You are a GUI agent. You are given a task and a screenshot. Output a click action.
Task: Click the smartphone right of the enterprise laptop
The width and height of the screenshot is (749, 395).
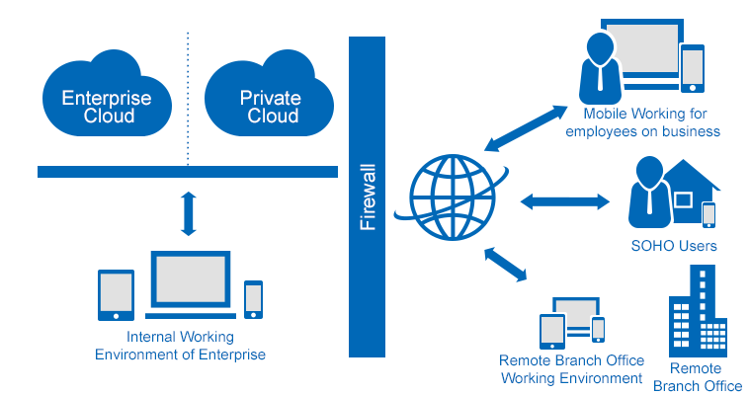[x=254, y=299]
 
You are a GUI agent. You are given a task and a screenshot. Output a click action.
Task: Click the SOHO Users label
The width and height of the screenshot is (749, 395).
[x=674, y=246]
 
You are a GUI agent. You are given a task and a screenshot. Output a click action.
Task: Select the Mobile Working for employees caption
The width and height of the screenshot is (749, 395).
[x=642, y=122]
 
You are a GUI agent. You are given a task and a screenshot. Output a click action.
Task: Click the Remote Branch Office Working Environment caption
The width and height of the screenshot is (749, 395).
[x=571, y=369]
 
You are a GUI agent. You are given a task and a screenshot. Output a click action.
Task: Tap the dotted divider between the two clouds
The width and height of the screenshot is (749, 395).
[x=188, y=99]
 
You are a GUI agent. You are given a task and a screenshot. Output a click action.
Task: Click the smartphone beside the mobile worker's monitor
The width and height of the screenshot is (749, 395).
[x=693, y=68]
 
